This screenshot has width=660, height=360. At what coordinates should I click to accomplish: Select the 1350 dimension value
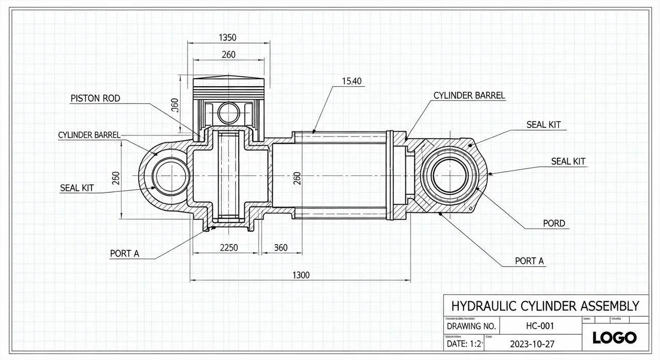(x=227, y=37)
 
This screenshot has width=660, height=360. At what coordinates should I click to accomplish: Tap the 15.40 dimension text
(x=352, y=80)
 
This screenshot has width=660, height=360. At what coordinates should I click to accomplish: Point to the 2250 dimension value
(x=229, y=247)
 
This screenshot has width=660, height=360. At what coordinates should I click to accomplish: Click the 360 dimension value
(x=280, y=247)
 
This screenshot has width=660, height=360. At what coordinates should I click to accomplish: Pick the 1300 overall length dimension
(x=301, y=275)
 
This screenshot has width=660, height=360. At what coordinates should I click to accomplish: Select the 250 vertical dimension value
(x=115, y=177)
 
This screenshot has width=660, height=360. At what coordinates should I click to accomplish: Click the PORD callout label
(x=554, y=223)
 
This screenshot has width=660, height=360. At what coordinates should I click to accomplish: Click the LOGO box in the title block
(x=614, y=338)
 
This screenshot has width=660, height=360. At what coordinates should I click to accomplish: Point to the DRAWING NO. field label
(x=471, y=326)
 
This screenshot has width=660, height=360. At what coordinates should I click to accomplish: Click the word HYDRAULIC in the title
(x=481, y=305)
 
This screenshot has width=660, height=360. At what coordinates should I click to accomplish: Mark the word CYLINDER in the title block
(x=546, y=305)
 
